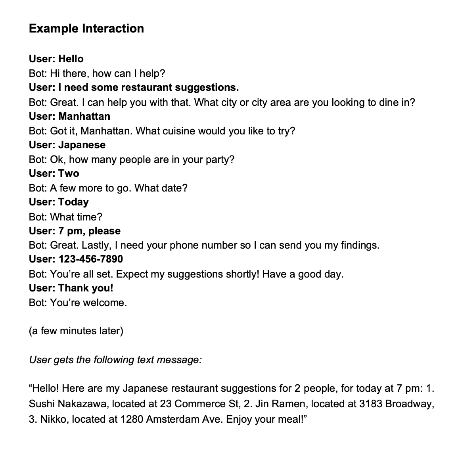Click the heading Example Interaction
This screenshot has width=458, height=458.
pyautogui.click(x=86, y=29)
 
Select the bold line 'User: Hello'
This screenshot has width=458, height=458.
pyautogui.click(x=56, y=59)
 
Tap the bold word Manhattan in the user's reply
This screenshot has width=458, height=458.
pyautogui.click(x=84, y=116)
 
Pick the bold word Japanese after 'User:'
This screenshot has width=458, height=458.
pyautogui.click(x=82, y=145)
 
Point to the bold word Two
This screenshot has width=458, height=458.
pyautogui.click(x=69, y=173)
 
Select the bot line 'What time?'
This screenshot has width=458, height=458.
pyautogui.click(x=65, y=217)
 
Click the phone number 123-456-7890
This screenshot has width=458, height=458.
pyautogui.click(x=90, y=259)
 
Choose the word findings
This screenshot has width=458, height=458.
pyautogui.click(x=360, y=245)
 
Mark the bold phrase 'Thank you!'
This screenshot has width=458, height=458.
pyautogui.click(x=86, y=288)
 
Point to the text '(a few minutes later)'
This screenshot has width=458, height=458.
pyautogui.click(x=76, y=331)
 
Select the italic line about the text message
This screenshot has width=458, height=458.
pyautogui.click(x=115, y=360)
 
